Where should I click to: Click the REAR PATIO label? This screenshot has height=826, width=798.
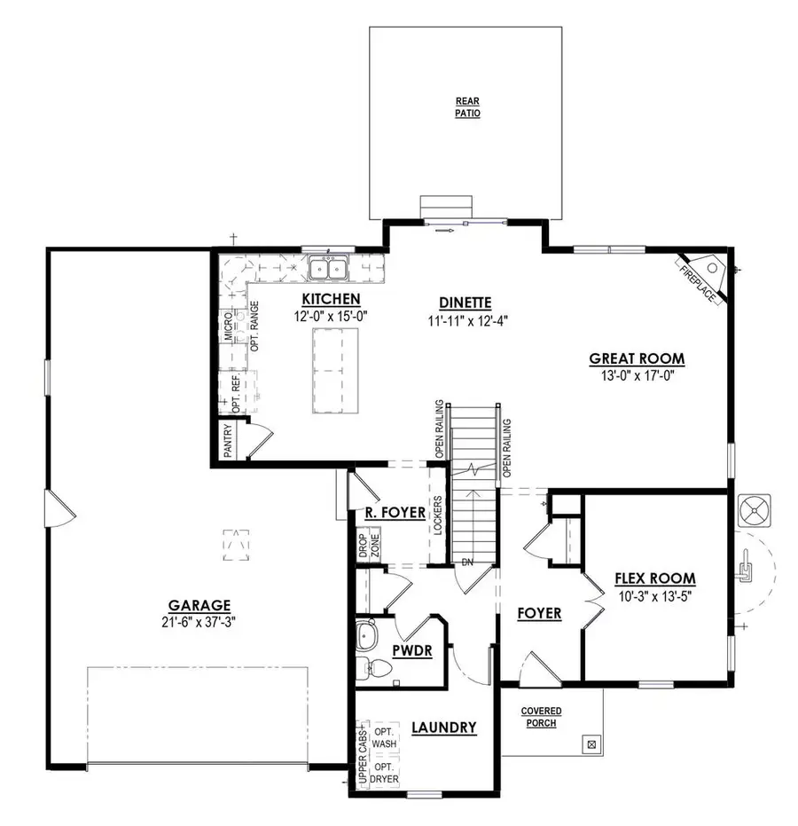click(467, 106)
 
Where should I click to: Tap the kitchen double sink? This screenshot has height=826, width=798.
click(329, 267)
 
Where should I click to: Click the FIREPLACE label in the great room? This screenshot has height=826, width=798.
click(699, 283)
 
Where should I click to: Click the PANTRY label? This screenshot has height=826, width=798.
click(228, 441)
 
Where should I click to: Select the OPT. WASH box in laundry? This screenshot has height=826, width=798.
click(384, 736)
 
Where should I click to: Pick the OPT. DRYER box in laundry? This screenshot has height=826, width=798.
click(384, 772)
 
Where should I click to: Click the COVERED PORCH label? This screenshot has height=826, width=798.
click(540, 717)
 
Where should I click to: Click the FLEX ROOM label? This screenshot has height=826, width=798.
click(655, 578)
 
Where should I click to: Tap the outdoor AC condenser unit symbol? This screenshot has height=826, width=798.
click(755, 512)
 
